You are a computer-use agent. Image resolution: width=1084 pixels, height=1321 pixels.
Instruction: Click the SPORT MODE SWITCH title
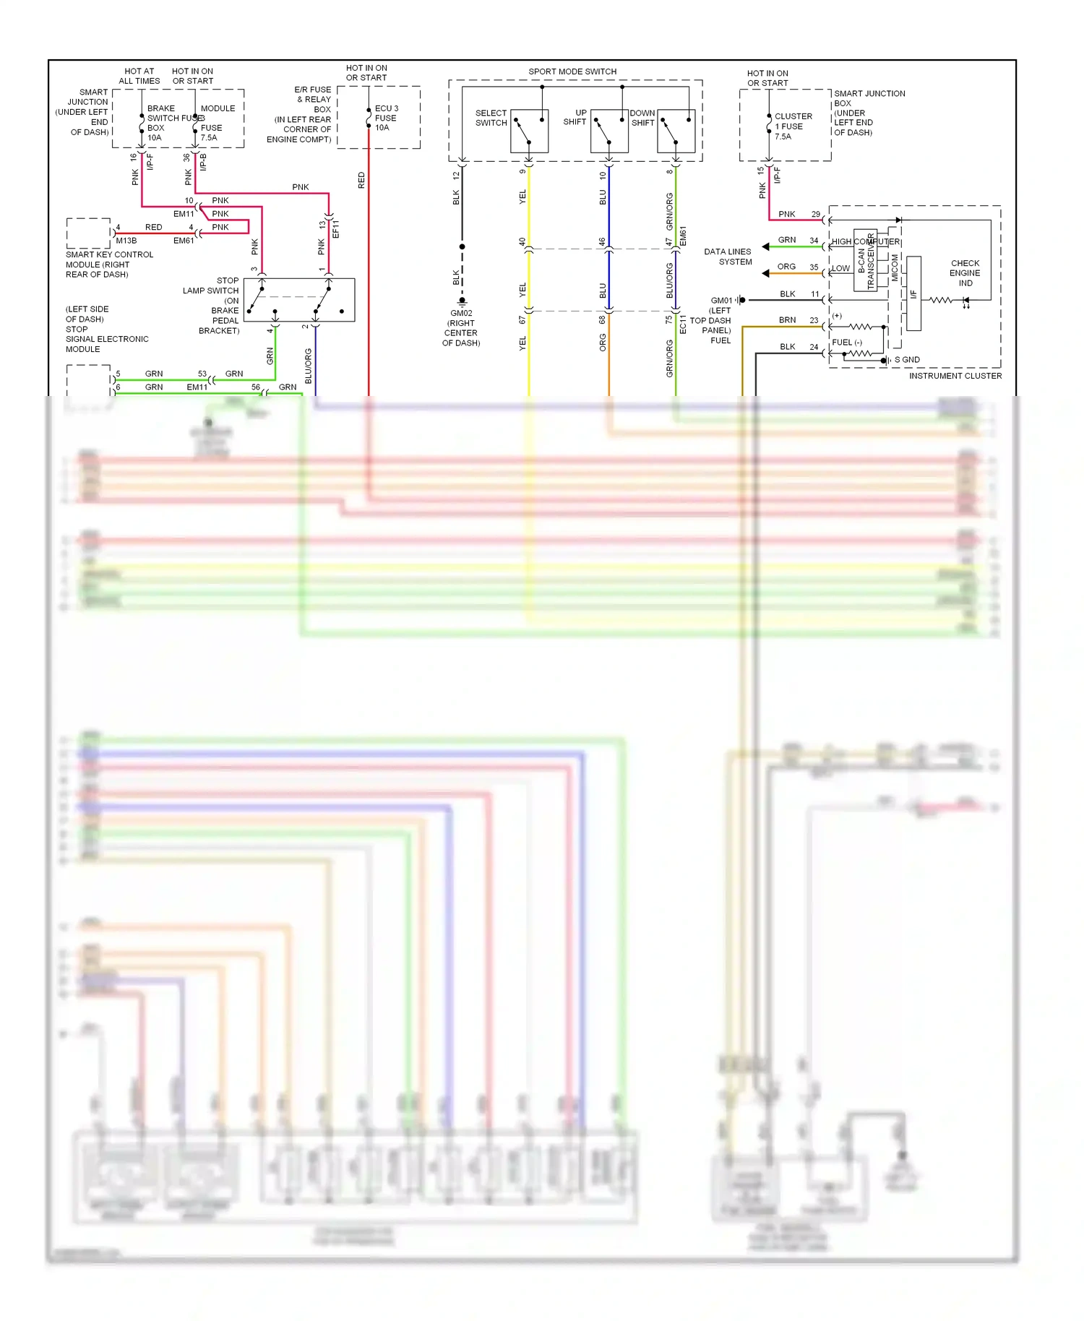pyautogui.click(x=572, y=72)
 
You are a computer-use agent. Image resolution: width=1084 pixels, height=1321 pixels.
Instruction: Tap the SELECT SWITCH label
pyautogui.click(x=491, y=118)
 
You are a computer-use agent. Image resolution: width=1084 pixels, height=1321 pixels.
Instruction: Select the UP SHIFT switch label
pyautogui.click(x=575, y=117)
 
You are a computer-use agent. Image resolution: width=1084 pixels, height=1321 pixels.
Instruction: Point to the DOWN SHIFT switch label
pyautogui.click(x=642, y=118)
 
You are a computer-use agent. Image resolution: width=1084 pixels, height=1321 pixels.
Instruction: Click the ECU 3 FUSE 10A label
pyautogui.click(x=386, y=118)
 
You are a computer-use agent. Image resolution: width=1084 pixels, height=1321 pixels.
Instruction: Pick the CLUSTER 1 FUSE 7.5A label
pyautogui.click(x=793, y=126)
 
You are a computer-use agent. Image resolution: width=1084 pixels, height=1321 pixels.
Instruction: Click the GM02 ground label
pyautogui.click(x=461, y=314)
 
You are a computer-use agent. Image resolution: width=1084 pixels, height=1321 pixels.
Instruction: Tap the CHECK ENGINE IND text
pyautogui.click(x=965, y=273)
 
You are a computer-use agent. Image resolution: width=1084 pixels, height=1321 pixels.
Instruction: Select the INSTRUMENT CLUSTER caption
pyautogui.click(x=955, y=376)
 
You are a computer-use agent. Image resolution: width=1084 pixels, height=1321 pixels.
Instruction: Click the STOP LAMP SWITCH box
pyautogui.click(x=299, y=300)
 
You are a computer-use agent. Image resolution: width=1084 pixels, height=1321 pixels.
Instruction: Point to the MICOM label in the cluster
pyautogui.click(x=895, y=267)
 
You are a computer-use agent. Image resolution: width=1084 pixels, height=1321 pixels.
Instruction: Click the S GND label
pyautogui.click(x=907, y=360)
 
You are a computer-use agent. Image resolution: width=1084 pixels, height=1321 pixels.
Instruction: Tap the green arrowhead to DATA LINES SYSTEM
pyautogui.click(x=765, y=247)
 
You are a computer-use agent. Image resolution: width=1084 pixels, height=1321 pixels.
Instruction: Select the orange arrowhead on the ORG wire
pyautogui.click(x=765, y=273)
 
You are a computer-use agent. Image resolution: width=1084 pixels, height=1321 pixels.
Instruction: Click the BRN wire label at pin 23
pyautogui.click(x=787, y=320)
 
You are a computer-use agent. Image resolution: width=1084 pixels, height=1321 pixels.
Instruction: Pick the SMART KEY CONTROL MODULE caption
pyautogui.click(x=109, y=264)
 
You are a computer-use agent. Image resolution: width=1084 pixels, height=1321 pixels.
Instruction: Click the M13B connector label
pyautogui.click(x=126, y=241)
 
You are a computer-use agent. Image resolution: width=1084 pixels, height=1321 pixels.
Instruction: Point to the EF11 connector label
pyautogui.click(x=335, y=229)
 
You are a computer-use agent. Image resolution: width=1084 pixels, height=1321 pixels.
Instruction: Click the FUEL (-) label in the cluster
pyautogui.click(x=846, y=343)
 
